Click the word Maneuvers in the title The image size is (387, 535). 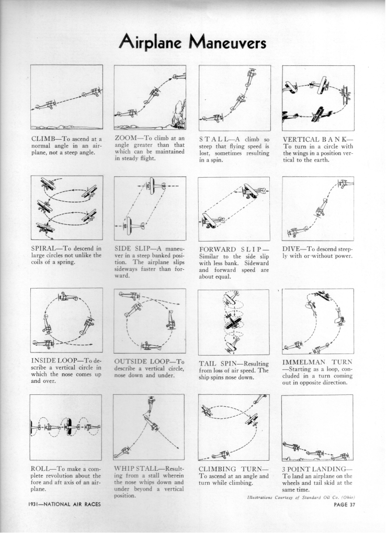click(x=227, y=43)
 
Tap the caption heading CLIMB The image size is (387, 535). click(x=42, y=139)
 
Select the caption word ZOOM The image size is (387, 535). click(x=125, y=138)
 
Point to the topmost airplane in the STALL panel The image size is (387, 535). click(x=252, y=74)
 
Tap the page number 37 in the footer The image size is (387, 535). click(x=351, y=505)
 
